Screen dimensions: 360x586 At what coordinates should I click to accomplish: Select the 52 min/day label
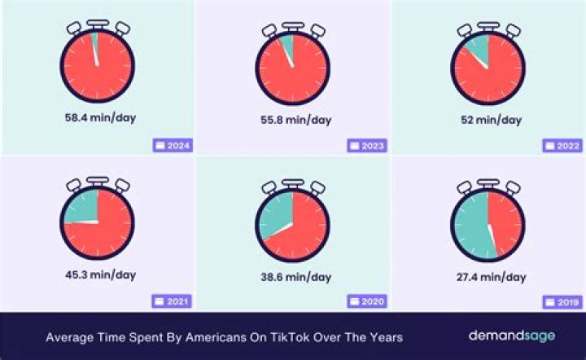[487, 120]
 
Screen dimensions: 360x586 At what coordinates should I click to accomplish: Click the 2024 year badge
[172, 146]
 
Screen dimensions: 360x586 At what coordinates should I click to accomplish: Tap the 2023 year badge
[367, 146]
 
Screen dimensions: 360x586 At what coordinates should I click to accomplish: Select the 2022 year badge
[562, 146]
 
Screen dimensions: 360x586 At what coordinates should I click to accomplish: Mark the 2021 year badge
[172, 302]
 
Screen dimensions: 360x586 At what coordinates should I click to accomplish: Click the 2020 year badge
[367, 302]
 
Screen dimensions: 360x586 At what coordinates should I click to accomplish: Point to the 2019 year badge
[562, 302]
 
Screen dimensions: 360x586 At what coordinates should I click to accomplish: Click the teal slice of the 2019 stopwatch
[470, 223]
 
